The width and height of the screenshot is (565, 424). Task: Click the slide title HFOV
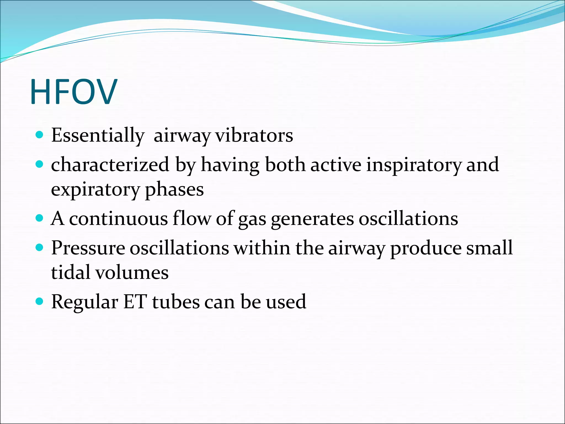point(74,92)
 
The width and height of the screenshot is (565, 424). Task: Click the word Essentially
point(98,135)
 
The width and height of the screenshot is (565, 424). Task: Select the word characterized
point(110,165)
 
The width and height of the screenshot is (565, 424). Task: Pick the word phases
point(174,190)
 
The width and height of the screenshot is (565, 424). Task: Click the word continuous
point(118,219)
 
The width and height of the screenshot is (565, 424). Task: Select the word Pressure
point(88,248)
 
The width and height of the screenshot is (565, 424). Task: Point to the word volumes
point(132,272)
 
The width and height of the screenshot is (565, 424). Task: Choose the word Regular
point(85,302)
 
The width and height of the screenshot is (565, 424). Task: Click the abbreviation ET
point(135,301)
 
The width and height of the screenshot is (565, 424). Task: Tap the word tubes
point(176,301)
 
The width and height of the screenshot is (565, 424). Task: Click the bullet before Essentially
point(40,135)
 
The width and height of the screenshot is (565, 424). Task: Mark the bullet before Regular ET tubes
point(40,301)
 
